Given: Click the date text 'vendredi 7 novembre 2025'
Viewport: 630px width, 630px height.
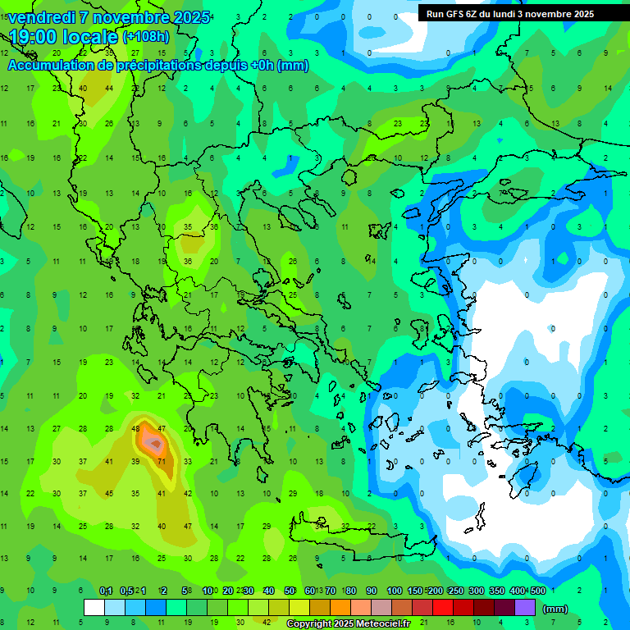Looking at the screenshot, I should pos(109,17).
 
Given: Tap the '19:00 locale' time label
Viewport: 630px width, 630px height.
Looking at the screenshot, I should pos(64,36).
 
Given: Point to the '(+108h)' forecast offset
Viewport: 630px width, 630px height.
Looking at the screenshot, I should pos(146,36).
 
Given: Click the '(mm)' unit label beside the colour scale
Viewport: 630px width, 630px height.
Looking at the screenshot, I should pos(555,609).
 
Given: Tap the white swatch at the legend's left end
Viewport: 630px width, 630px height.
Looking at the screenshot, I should pos(94,607).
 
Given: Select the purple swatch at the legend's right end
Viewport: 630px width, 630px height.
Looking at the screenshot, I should pos(525,607).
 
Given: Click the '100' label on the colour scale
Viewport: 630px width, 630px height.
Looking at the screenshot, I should pos(395,591).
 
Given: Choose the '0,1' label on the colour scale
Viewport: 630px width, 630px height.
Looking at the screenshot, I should pos(106,591).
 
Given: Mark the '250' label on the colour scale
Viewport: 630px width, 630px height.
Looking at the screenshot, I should pos(454,591).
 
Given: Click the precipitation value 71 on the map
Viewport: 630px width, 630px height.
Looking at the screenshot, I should pos(162,462).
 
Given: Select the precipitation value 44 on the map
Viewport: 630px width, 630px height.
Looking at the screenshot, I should pos(109,89).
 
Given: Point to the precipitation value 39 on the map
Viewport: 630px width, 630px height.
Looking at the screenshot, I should pos(135,462).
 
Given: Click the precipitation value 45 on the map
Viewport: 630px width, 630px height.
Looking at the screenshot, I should pos(109,494).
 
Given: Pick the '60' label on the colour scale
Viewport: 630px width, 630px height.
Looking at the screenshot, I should pos(309,591).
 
